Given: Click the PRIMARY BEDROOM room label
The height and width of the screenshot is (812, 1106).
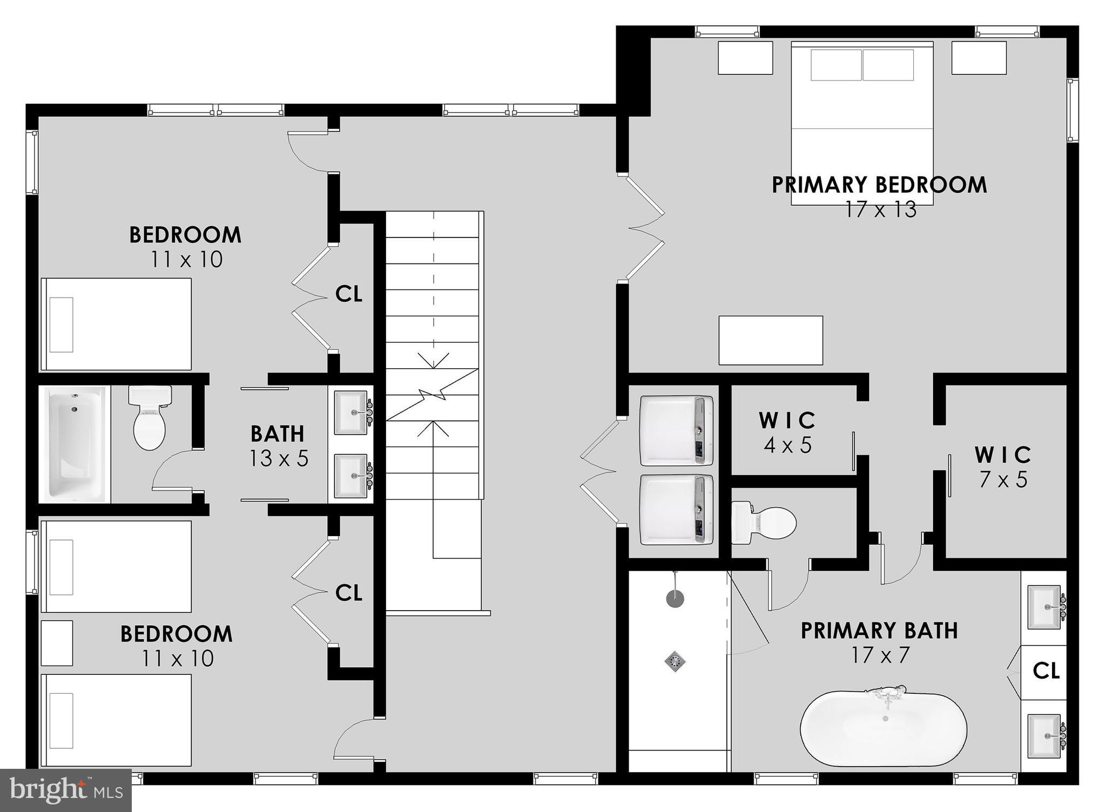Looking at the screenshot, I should point(879,185).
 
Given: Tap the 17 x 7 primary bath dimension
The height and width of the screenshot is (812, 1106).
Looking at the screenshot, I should point(881,655).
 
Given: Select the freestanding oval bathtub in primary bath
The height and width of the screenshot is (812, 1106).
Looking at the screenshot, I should point(884,729).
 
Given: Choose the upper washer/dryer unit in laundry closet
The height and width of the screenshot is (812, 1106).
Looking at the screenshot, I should point(676,430).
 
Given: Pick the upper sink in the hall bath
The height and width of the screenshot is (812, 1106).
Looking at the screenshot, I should point(352,412).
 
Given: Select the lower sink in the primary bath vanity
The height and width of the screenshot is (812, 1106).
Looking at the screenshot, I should point(1046,735).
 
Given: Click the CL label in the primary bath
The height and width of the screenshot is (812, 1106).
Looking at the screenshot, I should point(1046,671).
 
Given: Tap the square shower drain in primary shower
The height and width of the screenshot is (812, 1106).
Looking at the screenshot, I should point(675,661).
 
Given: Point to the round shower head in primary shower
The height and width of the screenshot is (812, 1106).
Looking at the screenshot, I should point(675,598).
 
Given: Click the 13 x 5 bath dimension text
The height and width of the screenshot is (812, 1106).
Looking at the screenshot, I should point(279,459).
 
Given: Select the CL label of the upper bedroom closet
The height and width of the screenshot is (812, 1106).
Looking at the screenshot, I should point(348,294).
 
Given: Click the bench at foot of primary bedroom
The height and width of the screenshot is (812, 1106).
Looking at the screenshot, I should point(771,340).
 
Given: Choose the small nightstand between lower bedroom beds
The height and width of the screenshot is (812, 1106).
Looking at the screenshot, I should point(57,643).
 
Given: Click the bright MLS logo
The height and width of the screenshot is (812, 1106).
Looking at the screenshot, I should point(66,790).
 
